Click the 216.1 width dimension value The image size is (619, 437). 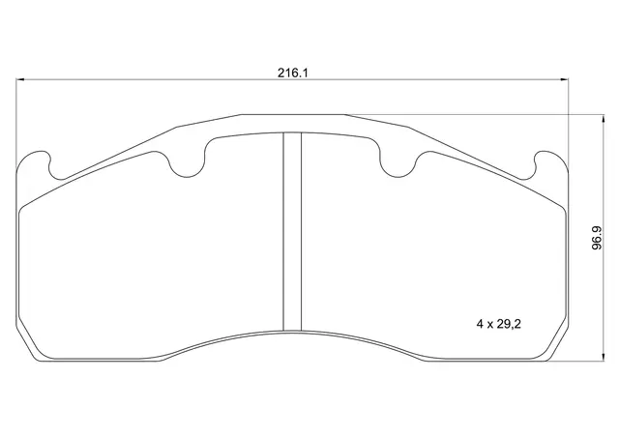292,73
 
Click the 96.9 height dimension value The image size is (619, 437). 597,238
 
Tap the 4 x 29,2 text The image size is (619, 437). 499,324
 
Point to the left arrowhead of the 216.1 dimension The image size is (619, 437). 20,79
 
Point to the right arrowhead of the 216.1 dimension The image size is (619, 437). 564,79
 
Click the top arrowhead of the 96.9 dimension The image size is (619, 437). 603,119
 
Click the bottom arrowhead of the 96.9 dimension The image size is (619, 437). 603,357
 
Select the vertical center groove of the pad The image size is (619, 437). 292,231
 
